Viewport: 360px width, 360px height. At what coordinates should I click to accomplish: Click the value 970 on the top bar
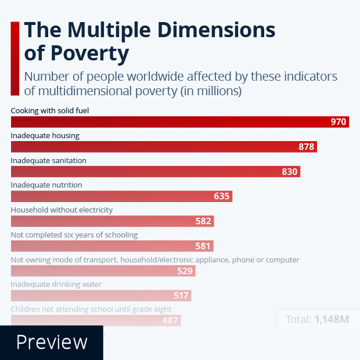[x=338, y=122]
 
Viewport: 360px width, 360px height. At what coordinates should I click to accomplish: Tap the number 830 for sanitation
[x=289, y=172]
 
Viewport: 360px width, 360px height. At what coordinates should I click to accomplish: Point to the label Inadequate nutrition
[x=46, y=185]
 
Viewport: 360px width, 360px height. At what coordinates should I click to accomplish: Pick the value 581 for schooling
[x=203, y=246]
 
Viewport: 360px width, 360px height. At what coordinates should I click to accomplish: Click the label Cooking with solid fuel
[x=50, y=110]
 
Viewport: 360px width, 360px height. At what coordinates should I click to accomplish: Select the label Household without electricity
[x=62, y=210]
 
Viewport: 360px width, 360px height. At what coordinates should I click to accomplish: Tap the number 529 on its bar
[x=185, y=271]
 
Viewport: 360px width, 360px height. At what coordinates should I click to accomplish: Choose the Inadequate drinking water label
[x=56, y=284]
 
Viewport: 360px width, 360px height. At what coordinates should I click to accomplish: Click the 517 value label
[x=181, y=296]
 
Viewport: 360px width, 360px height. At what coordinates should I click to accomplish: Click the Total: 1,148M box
[x=316, y=319]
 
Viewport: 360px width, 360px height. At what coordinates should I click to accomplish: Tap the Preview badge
[x=52, y=342]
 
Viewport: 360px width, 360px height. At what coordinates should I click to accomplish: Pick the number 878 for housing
[x=306, y=147]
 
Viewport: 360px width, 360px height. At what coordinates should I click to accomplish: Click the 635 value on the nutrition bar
[x=221, y=196]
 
